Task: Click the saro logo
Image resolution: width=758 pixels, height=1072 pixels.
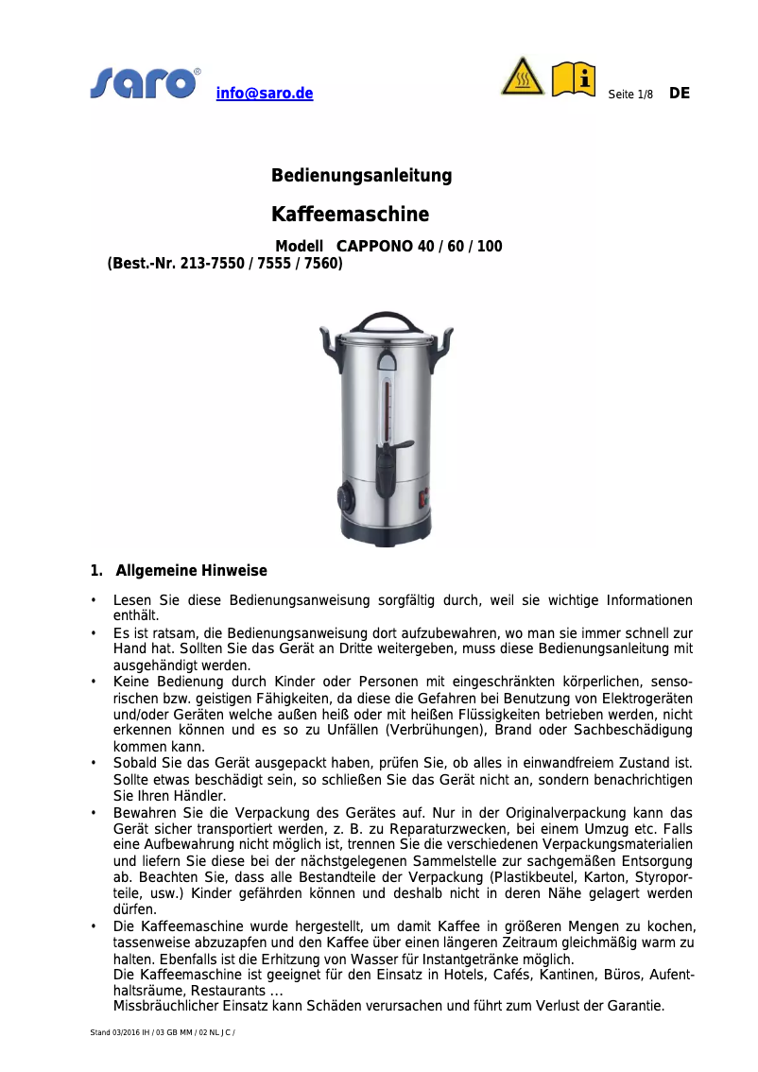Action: (x=145, y=83)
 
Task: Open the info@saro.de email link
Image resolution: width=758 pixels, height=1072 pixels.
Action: (x=265, y=94)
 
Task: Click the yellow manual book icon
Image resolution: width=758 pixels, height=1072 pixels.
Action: (x=574, y=78)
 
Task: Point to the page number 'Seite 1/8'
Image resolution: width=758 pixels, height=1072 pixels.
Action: (x=630, y=95)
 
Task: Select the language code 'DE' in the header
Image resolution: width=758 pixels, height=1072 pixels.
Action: (x=680, y=93)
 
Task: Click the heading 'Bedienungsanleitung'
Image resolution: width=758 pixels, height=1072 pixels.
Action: (x=361, y=176)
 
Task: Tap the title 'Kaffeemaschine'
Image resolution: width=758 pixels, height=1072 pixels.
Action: (x=350, y=215)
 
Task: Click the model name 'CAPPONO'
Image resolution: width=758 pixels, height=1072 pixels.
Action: (x=374, y=247)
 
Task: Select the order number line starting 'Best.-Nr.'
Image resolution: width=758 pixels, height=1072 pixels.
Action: (x=225, y=264)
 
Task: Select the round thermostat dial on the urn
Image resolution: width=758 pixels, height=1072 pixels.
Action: (x=342, y=497)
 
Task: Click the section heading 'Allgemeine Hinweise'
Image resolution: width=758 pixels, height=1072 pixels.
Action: (x=191, y=571)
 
